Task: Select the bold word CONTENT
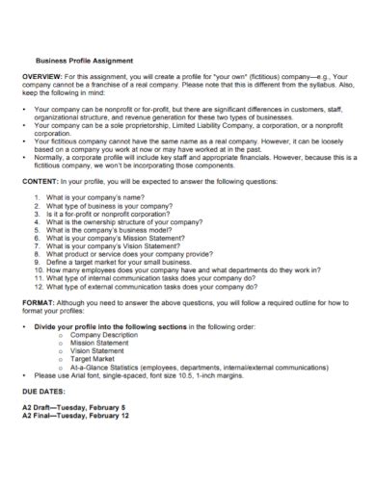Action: [40, 180]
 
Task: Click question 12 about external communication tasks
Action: [145, 286]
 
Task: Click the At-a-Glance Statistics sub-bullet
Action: [183, 367]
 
